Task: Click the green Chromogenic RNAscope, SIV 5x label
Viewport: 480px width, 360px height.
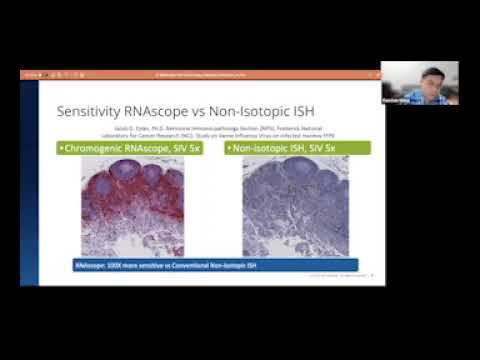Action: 139,148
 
